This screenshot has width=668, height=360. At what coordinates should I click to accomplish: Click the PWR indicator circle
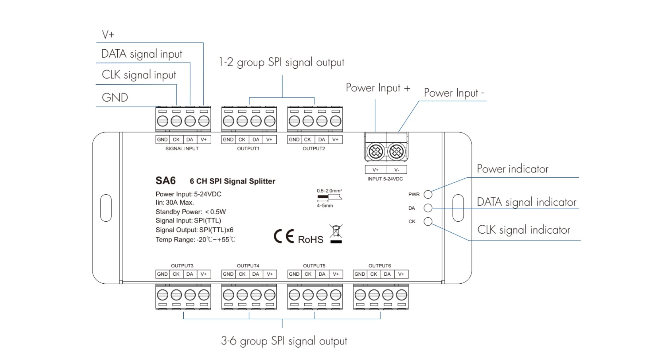pyautogui.click(x=428, y=194)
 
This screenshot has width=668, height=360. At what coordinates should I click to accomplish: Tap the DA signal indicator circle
pyautogui.click(x=428, y=208)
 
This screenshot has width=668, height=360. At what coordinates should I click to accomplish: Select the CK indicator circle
pyautogui.click(x=428, y=221)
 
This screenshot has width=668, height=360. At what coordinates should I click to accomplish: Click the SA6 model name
pyautogui.click(x=165, y=181)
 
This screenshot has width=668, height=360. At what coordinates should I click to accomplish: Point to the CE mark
pyautogui.click(x=284, y=236)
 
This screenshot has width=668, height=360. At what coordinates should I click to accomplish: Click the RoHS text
pyautogui.click(x=311, y=240)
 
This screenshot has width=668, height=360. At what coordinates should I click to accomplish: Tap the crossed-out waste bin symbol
pyautogui.click(x=336, y=233)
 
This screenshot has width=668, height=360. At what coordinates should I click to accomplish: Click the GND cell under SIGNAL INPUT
pyautogui.click(x=162, y=139)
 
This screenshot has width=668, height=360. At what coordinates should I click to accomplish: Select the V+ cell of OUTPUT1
pyautogui.click(x=269, y=139)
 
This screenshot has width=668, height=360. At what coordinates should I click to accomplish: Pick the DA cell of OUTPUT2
pyautogui.click(x=322, y=139)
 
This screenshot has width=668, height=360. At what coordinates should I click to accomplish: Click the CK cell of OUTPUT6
pyautogui.click(x=373, y=274)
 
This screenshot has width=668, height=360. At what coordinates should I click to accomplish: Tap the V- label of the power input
pyautogui.click(x=396, y=170)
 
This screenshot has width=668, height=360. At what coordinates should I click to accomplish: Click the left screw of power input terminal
pyautogui.click(x=376, y=151)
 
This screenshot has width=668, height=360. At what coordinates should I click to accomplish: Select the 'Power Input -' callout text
pyautogui.click(x=454, y=93)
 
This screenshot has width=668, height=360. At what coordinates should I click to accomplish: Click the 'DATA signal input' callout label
pyautogui.click(x=142, y=54)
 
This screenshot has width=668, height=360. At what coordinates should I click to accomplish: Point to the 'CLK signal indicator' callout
pyautogui.click(x=524, y=230)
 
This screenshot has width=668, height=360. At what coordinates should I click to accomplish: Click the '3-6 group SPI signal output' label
pyautogui.click(x=284, y=341)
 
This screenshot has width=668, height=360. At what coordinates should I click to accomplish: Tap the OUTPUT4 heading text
pyautogui.click(x=248, y=266)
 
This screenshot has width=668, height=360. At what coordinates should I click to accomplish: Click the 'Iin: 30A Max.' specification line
pyautogui.click(x=175, y=203)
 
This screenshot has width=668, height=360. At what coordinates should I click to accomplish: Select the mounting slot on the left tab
pyautogui.click(x=106, y=208)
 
